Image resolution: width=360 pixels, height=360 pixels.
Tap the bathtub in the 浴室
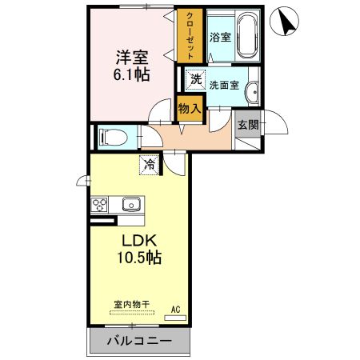(x=247, y=36)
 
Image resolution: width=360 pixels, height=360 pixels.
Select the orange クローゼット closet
(x=191, y=37)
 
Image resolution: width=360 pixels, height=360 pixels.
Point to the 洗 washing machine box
(x=195, y=78)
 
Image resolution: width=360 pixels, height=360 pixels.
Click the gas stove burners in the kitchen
(x=100, y=205)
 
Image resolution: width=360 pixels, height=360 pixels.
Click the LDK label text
(x=138, y=240)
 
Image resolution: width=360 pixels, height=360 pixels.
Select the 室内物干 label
(x=132, y=304)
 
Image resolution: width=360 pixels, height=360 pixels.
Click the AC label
(x=175, y=308)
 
